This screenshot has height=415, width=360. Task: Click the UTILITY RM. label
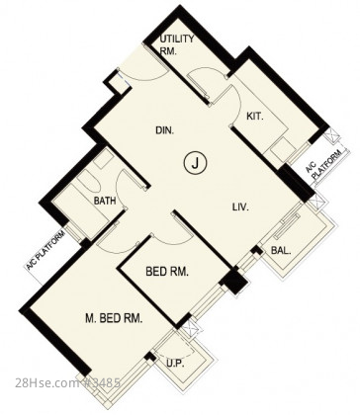point(177,44)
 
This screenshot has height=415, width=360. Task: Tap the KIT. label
point(255,117)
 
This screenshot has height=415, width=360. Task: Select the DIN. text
point(165,130)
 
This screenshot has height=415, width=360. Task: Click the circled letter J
point(195,163)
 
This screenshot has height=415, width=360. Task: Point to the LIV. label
point(240,207)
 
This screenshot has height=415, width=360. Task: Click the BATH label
point(105,201)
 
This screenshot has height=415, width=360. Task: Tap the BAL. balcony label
point(281,251)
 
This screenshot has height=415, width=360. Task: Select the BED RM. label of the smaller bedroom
point(167,272)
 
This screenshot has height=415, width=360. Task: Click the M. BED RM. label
point(114,318)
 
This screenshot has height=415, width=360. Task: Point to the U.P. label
point(175,364)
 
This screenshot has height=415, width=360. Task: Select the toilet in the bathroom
point(89,182)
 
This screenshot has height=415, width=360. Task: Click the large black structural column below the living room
point(234,280)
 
